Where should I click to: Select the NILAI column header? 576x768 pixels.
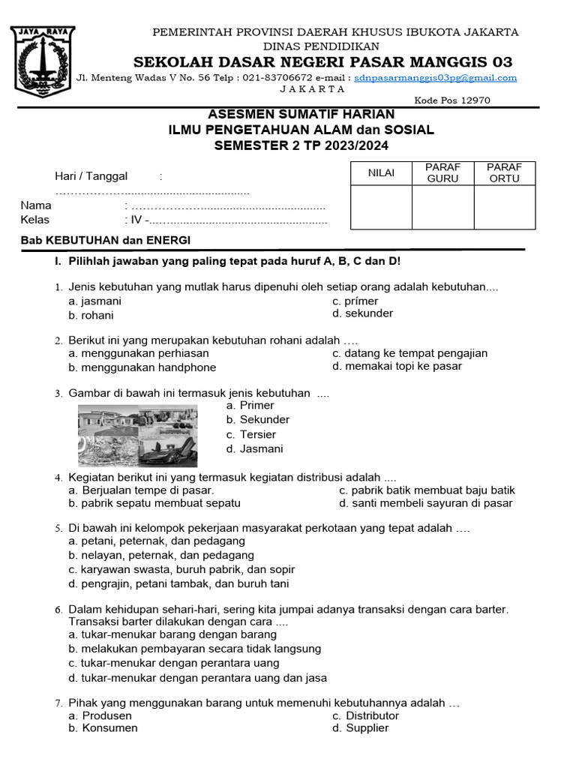[x=381, y=173]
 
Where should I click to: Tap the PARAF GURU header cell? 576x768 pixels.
[x=442, y=173]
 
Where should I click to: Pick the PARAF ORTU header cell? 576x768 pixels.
[x=505, y=173]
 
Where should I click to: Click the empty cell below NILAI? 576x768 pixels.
[x=381, y=207]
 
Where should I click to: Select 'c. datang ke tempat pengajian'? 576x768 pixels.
[x=409, y=352]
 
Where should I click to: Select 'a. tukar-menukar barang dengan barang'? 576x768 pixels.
[x=172, y=634]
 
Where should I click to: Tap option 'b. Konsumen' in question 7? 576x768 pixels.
[x=103, y=727]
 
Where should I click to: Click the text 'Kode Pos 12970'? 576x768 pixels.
[x=452, y=100]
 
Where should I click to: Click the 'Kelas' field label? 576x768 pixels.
[x=35, y=220]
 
